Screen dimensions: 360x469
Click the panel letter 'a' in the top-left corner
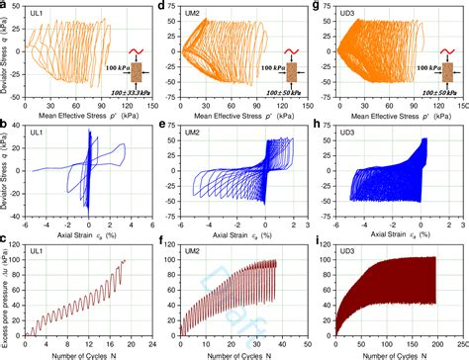5,7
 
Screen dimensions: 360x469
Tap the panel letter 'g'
316,7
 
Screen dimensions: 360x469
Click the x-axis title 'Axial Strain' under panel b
87,235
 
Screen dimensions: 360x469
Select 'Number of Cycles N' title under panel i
397,353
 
